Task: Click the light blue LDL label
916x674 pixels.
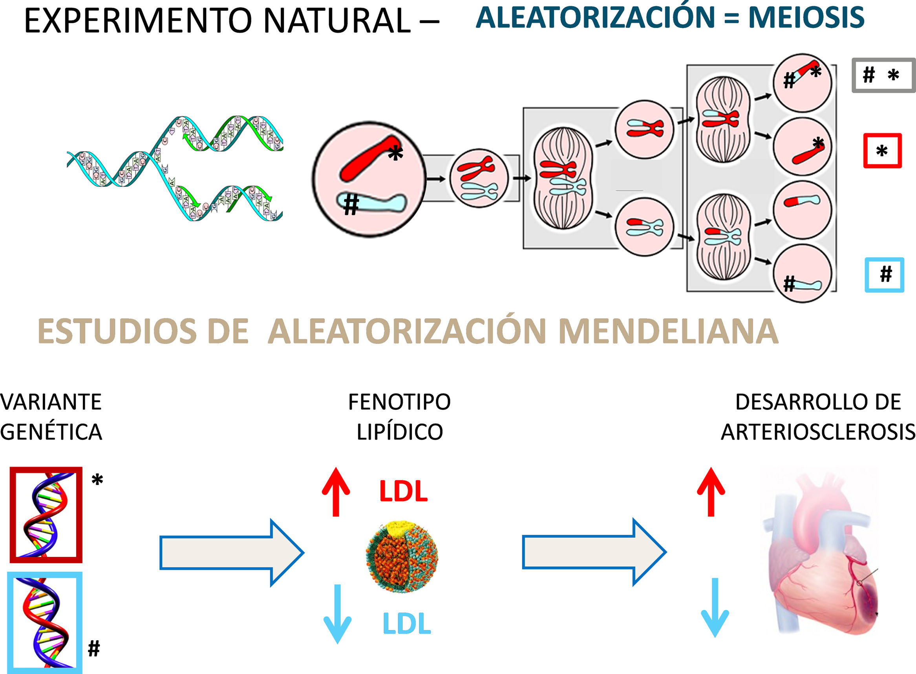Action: point(407,624)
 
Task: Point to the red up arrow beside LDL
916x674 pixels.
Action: point(336,492)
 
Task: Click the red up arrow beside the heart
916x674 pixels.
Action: point(711,492)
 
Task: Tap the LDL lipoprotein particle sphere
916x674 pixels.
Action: point(402,556)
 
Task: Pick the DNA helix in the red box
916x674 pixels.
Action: point(46,514)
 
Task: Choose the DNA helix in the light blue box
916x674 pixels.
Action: point(45,623)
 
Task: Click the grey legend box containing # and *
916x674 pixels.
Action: point(883,75)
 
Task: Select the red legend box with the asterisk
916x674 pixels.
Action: point(882,151)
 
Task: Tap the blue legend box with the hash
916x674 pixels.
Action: point(884,275)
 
